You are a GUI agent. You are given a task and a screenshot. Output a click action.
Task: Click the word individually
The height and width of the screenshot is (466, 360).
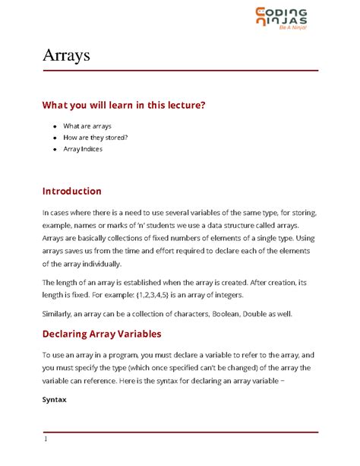point(99,264)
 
